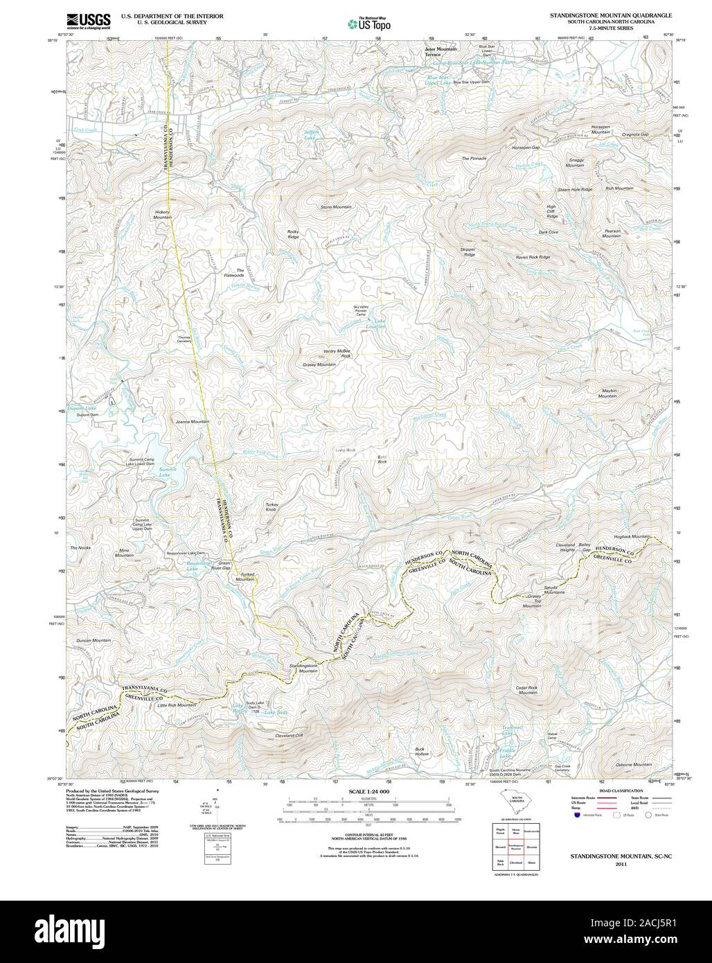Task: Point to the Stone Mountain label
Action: pyautogui.click(x=336, y=207)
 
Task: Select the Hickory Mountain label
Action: pyautogui.click(x=163, y=215)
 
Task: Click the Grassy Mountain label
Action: pyautogui.click(x=319, y=364)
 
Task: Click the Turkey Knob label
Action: pyautogui.click(x=271, y=507)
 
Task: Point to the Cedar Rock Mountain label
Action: pyautogui.click(x=527, y=690)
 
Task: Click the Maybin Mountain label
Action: pyautogui.click(x=607, y=393)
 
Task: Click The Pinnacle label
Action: pyautogui.click(x=474, y=159)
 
